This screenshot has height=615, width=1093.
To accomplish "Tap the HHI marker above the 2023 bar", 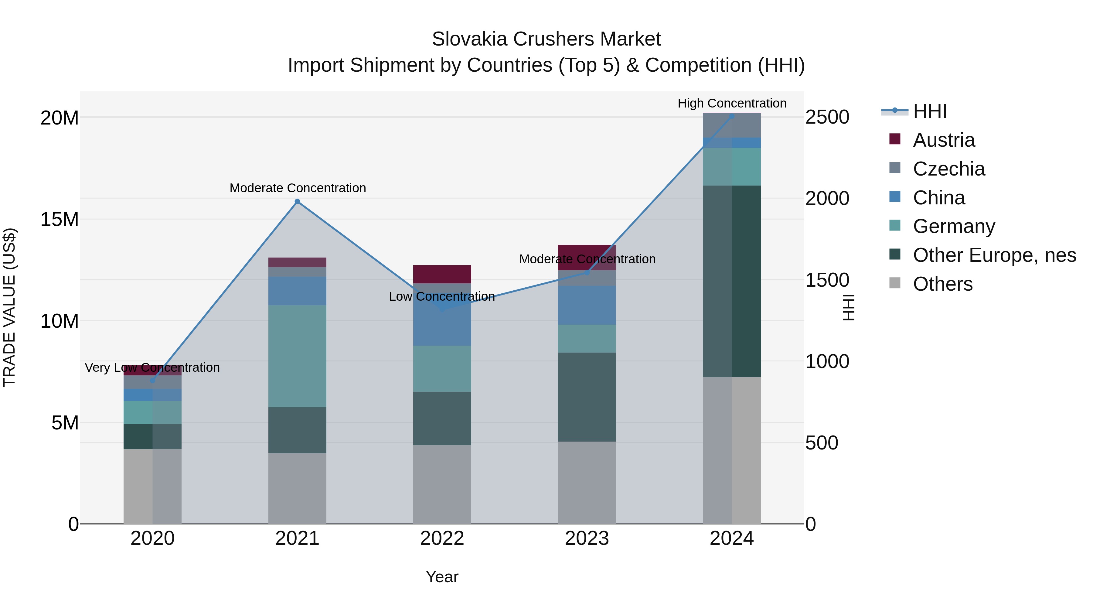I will point(587,272).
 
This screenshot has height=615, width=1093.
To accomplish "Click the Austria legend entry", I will point(944,140).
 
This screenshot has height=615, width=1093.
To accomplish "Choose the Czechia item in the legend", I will point(949,169).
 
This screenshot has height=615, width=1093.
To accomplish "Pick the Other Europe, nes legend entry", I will point(994,255).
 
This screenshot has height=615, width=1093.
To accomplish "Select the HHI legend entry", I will point(929,111).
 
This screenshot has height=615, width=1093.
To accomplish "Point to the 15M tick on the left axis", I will point(60,220).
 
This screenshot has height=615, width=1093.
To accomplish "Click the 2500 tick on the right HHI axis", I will point(827,117).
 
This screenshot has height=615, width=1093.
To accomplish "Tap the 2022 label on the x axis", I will point(442,538).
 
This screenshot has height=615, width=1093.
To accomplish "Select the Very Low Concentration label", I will point(152,367).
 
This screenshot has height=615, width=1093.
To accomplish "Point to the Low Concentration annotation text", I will point(442,296).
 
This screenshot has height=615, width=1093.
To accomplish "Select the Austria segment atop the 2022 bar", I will point(442,274).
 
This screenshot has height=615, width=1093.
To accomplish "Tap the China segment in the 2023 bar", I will point(587,305).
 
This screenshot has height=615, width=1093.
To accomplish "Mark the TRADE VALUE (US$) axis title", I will point(9,307).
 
